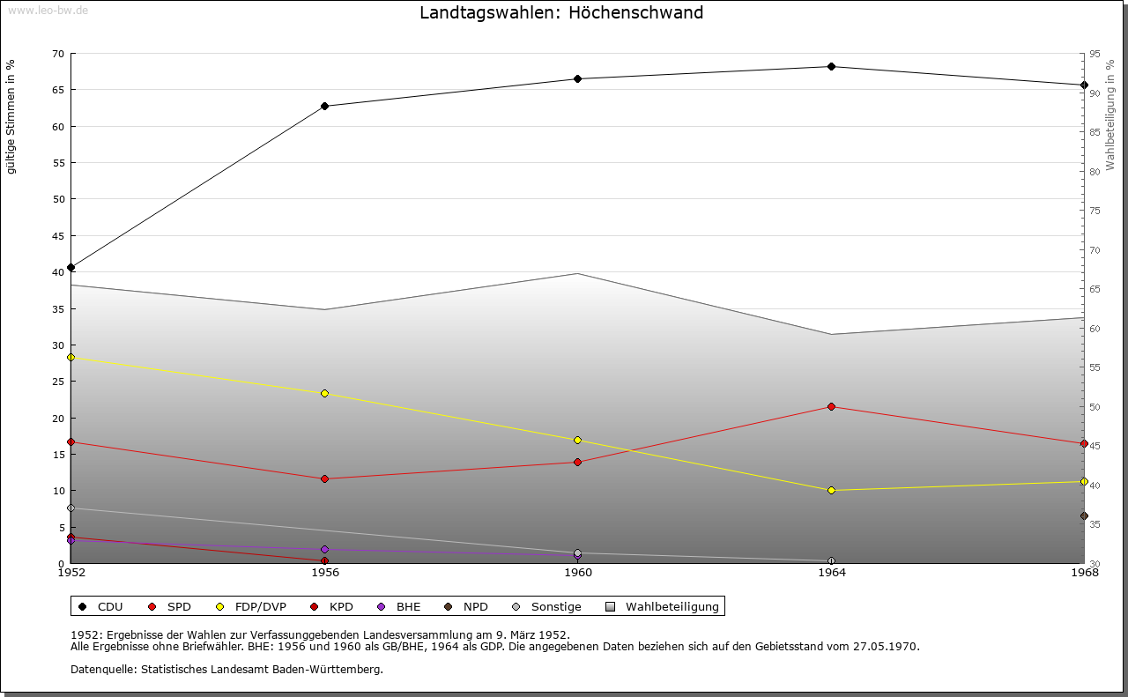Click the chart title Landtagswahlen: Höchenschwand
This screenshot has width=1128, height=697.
[x=561, y=13]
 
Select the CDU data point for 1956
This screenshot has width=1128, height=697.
[x=324, y=107]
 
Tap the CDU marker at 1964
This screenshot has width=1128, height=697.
[x=831, y=67]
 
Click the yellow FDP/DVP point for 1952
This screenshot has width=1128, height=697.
[x=70, y=358]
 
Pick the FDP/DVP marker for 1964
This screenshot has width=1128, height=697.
[x=831, y=491]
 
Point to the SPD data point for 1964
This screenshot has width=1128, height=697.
[x=831, y=407]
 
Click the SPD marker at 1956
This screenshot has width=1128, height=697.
[x=324, y=479]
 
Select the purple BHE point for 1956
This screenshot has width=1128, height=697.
[x=324, y=550]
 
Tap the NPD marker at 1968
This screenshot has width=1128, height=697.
[x=1084, y=516]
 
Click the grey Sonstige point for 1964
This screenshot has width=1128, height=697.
[x=831, y=561]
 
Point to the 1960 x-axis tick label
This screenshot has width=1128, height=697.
[x=578, y=574]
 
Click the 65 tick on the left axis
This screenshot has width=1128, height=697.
[x=58, y=90]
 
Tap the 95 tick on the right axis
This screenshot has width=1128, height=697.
[x=1095, y=54]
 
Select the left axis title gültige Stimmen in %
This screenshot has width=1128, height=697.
[x=11, y=116]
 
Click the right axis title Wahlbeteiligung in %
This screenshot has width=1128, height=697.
[x=1110, y=115]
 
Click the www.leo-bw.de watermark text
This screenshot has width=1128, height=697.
[x=47, y=9]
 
